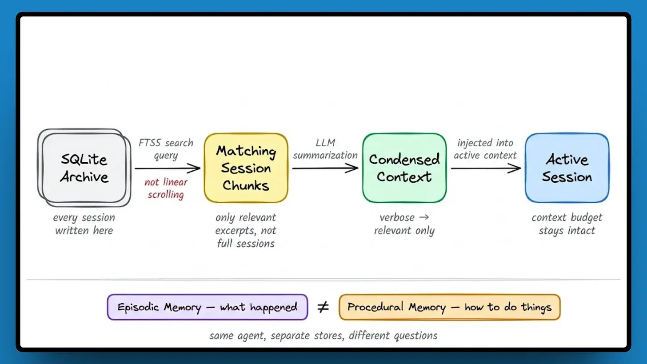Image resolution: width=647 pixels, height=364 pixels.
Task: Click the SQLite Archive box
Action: [84, 168]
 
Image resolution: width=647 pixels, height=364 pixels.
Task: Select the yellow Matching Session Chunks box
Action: [246, 168]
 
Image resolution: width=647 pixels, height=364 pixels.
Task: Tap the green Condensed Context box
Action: [404, 168]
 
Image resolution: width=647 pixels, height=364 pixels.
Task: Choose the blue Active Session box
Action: [567, 168]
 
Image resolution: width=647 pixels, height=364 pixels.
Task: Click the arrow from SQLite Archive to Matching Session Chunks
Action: [168, 168]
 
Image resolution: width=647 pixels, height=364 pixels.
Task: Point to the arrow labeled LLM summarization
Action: [325, 168]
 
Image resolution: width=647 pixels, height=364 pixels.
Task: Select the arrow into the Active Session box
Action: [485, 168]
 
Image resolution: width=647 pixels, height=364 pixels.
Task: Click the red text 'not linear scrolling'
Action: [166, 188]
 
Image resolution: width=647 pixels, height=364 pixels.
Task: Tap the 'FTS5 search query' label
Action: [166, 149]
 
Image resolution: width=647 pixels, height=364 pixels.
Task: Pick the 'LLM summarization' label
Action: [325, 149]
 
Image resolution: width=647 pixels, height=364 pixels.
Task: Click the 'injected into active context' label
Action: [485, 149]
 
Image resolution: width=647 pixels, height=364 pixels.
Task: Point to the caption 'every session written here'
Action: [84, 224]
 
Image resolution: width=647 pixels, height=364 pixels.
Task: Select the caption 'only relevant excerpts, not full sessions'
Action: [246, 230]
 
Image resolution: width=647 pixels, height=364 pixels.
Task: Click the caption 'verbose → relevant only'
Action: [404, 224]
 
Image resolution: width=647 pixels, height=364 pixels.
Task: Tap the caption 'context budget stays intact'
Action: [567, 224]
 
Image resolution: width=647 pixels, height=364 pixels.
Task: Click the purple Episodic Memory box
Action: [207, 307]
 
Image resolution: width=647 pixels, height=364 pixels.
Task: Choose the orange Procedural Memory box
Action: [449, 307]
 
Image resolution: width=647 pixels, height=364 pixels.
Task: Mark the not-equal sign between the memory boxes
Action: [323, 307]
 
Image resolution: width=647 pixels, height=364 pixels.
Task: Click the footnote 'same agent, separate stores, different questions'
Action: [323, 335]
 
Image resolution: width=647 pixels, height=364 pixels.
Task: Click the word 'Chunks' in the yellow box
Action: [246, 185]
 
